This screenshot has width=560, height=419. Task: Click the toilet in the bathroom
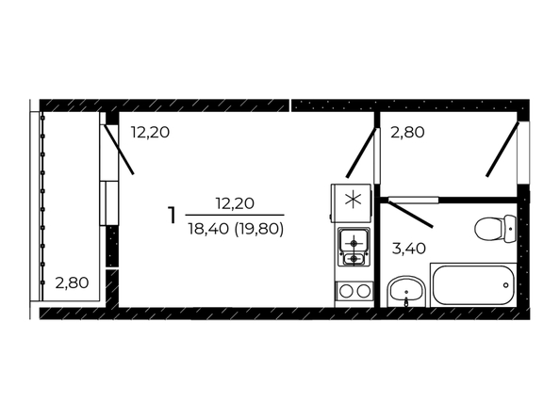(x=495, y=229)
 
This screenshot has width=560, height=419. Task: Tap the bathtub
(x=473, y=285)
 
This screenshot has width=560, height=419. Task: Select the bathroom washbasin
(x=406, y=291)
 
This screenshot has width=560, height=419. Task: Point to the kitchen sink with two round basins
(x=354, y=291)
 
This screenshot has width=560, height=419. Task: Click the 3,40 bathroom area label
(x=409, y=249)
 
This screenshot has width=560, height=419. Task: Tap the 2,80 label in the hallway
(x=408, y=133)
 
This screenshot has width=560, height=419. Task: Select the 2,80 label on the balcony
(x=73, y=282)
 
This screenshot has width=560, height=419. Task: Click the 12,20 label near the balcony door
(x=150, y=133)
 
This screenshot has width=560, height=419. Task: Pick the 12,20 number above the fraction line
(x=235, y=203)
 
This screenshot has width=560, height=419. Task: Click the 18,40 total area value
(x=208, y=229)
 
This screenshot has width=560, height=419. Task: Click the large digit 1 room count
(x=173, y=216)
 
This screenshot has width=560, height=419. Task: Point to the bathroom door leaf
(x=411, y=214)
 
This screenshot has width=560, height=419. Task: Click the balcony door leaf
(x=119, y=149)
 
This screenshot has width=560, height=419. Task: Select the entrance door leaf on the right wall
(x=502, y=149)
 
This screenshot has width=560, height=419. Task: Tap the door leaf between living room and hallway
(x=361, y=153)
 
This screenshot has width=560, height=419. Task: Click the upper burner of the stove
(x=354, y=243)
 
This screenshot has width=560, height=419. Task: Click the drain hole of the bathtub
(x=505, y=285)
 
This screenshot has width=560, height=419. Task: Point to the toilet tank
(x=511, y=229)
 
